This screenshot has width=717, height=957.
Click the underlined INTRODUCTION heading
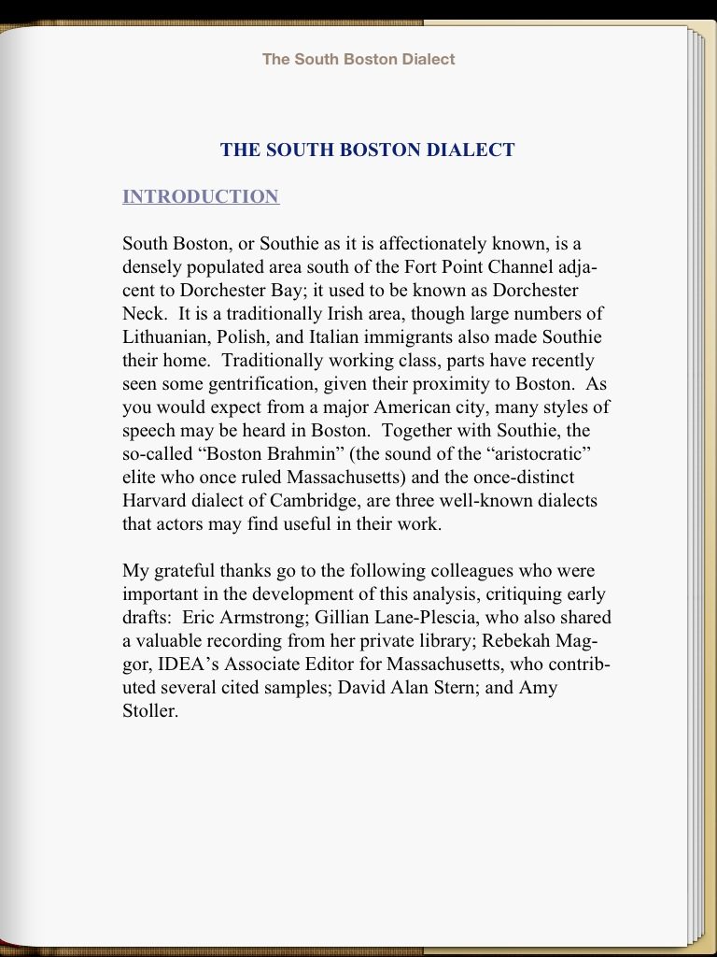tap(201, 196)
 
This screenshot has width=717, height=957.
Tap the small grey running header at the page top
tap(358, 59)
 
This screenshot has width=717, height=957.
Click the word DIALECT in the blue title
tap(471, 150)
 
